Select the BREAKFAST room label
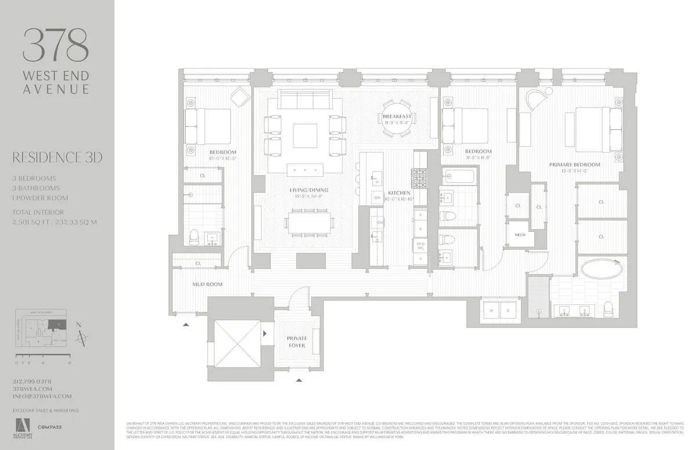(x=397, y=117)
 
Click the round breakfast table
(x=397, y=119)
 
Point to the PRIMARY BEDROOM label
(x=575, y=165)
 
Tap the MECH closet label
(x=520, y=235)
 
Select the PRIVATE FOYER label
(x=296, y=342)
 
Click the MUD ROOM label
(x=207, y=285)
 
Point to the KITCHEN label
(x=400, y=193)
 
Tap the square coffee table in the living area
(x=306, y=136)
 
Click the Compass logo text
(x=50, y=427)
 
